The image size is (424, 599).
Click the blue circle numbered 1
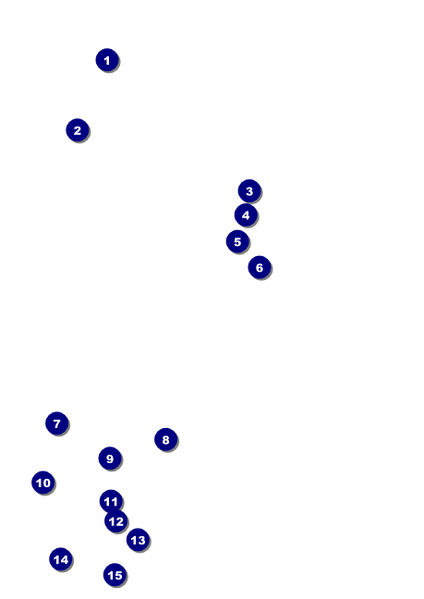click(107, 60)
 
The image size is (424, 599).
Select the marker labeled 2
click(78, 130)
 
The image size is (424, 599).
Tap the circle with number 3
click(249, 191)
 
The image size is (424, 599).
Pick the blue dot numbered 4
click(246, 215)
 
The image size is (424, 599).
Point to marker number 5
click(237, 241)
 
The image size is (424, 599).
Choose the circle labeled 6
click(260, 267)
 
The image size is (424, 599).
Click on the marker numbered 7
click(57, 423)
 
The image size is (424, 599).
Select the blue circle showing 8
click(166, 439)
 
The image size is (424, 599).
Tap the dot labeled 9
click(110, 458)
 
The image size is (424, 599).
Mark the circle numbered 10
click(43, 483)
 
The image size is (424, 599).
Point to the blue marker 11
click(111, 501)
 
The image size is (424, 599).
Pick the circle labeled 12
click(116, 521)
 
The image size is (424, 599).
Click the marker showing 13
click(138, 540)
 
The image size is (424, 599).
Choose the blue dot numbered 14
click(61, 558)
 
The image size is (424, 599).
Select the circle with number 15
click(115, 575)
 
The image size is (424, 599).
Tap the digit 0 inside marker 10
click(47, 483)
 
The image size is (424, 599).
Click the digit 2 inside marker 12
click(120, 521)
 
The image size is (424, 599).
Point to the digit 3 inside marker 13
click(141, 540)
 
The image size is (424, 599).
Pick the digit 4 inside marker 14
click(65, 558)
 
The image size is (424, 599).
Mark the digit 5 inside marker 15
click(118, 575)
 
